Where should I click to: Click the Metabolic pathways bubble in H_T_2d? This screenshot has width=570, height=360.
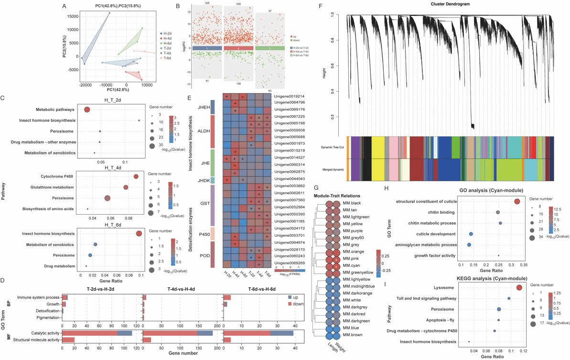pyautogui.click(x=87, y=109)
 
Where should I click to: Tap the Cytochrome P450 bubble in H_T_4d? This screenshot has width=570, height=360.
pyautogui.click(x=136, y=177)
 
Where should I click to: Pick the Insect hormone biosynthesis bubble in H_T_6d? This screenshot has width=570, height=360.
pyautogui.click(x=139, y=233)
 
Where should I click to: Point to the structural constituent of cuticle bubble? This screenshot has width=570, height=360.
pyautogui.click(x=517, y=201)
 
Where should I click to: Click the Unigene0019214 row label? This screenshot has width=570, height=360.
pyautogui.click(x=289, y=97)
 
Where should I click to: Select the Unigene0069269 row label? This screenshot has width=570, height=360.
pyautogui.click(x=289, y=263)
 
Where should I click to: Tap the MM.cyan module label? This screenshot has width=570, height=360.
pyautogui.click(x=350, y=266)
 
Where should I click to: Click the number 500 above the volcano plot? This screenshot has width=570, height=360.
pyautogui.click(x=239, y=4)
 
